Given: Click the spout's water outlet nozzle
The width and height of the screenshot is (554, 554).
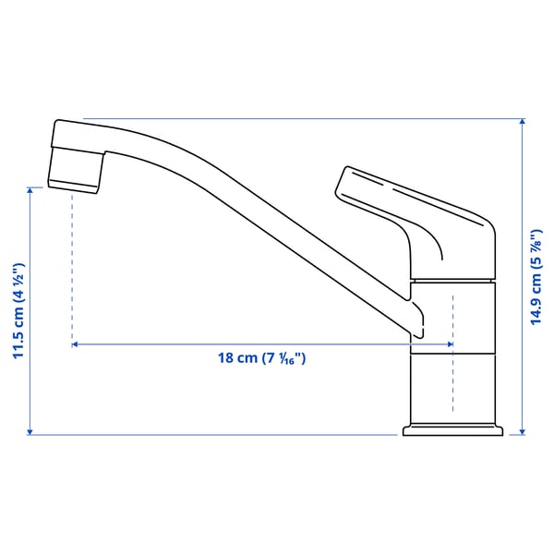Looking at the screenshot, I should point(74,179).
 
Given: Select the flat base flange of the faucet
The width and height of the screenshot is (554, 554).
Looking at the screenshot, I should point(453,429).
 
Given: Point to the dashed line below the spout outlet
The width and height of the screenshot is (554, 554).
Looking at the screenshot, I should point(72,268).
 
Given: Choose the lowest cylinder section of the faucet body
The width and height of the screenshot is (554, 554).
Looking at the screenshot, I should point(453,388).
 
